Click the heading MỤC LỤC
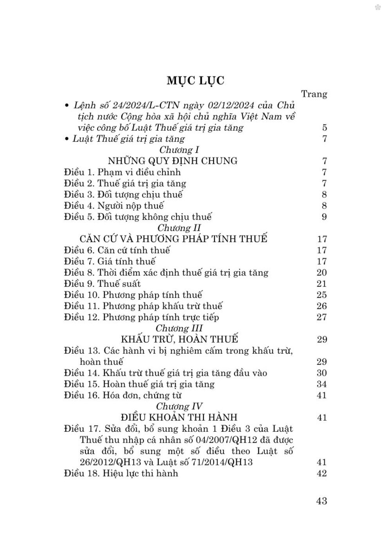(195, 81)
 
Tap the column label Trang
(314, 94)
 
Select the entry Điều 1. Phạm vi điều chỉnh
(122, 172)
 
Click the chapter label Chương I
(176, 150)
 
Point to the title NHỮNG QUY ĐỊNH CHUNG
(173, 161)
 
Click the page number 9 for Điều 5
(324, 217)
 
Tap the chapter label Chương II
(179, 228)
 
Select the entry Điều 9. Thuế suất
(102, 284)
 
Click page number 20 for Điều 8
(322, 273)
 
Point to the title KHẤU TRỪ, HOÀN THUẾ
(179, 339)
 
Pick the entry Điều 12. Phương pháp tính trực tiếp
(142, 317)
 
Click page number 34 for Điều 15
(322, 384)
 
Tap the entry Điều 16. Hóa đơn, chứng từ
(123, 395)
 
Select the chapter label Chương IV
(179, 406)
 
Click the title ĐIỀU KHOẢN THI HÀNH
(179, 418)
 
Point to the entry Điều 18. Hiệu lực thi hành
(121, 473)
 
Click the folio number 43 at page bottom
(321, 501)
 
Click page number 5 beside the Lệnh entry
(325, 128)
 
